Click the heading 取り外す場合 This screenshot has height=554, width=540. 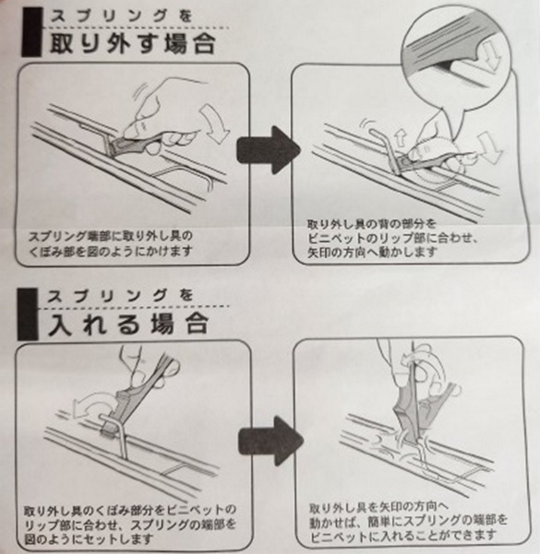[133, 44]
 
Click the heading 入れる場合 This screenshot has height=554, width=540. [128, 324]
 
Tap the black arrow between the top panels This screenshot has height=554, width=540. [269, 150]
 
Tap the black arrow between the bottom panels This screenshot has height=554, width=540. [270, 441]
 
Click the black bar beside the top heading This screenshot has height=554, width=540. [32, 32]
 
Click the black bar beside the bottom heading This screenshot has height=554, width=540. [28, 313]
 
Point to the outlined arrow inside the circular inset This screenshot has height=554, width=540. [493, 53]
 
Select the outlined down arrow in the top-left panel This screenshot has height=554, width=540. [214, 124]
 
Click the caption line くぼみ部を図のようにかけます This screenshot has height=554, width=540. [111, 252]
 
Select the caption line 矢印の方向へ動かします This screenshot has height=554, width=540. [372, 253]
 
